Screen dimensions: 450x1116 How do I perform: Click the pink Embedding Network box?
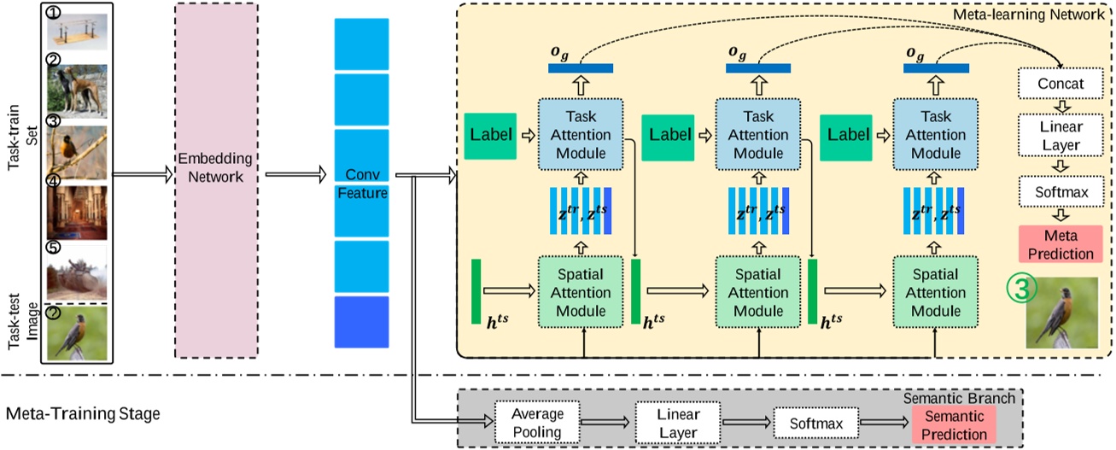216,180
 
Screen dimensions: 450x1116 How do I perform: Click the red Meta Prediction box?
1061,244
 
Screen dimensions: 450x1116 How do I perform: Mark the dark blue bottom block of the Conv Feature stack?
361,322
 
